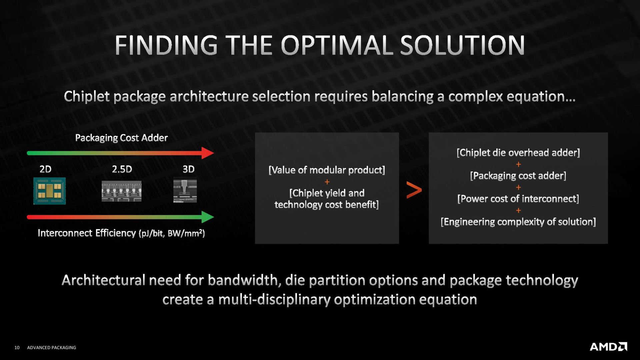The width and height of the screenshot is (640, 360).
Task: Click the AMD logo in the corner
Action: pyautogui.click(x=608, y=347)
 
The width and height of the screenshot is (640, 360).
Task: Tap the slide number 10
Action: pyautogui.click(x=17, y=348)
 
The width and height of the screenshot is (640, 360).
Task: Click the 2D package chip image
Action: pyautogui.click(x=50, y=191)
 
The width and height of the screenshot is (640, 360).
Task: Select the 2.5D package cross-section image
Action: pyautogui.click(x=122, y=191)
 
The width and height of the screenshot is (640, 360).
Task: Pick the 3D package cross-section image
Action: pyautogui.click(x=185, y=191)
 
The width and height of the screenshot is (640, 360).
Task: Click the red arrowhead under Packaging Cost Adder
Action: pyautogui.click(x=207, y=153)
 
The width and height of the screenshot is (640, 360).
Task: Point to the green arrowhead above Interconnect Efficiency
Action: pyautogui.click(x=207, y=217)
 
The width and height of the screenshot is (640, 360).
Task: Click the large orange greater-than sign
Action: pyautogui.click(x=414, y=190)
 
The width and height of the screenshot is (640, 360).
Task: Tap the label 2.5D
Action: pyautogui.click(x=122, y=169)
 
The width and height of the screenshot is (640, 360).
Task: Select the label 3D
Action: pyautogui.click(x=189, y=169)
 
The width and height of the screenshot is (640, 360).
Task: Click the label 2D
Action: pyautogui.click(x=46, y=169)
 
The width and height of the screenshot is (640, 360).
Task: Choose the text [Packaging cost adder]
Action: pyautogui.click(x=518, y=176)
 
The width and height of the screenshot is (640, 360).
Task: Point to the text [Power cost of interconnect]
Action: pyautogui.click(x=518, y=199)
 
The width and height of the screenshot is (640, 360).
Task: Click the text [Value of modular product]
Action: pyautogui.click(x=327, y=170)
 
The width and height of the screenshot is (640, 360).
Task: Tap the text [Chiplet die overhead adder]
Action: pyautogui.click(x=518, y=153)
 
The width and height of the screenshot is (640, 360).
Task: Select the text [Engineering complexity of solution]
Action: pyautogui.click(x=518, y=222)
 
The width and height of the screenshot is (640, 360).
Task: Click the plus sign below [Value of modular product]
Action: pyautogui.click(x=327, y=182)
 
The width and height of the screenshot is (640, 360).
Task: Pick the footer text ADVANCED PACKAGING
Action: pyautogui.click(x=52, y=348)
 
